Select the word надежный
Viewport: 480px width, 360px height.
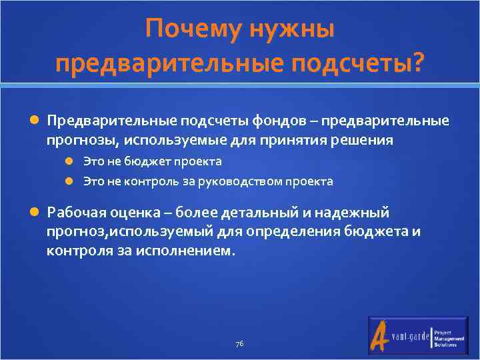coord(353,213)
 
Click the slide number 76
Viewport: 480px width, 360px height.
coord(239,343)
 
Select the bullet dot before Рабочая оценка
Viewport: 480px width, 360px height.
coord(35,213)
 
